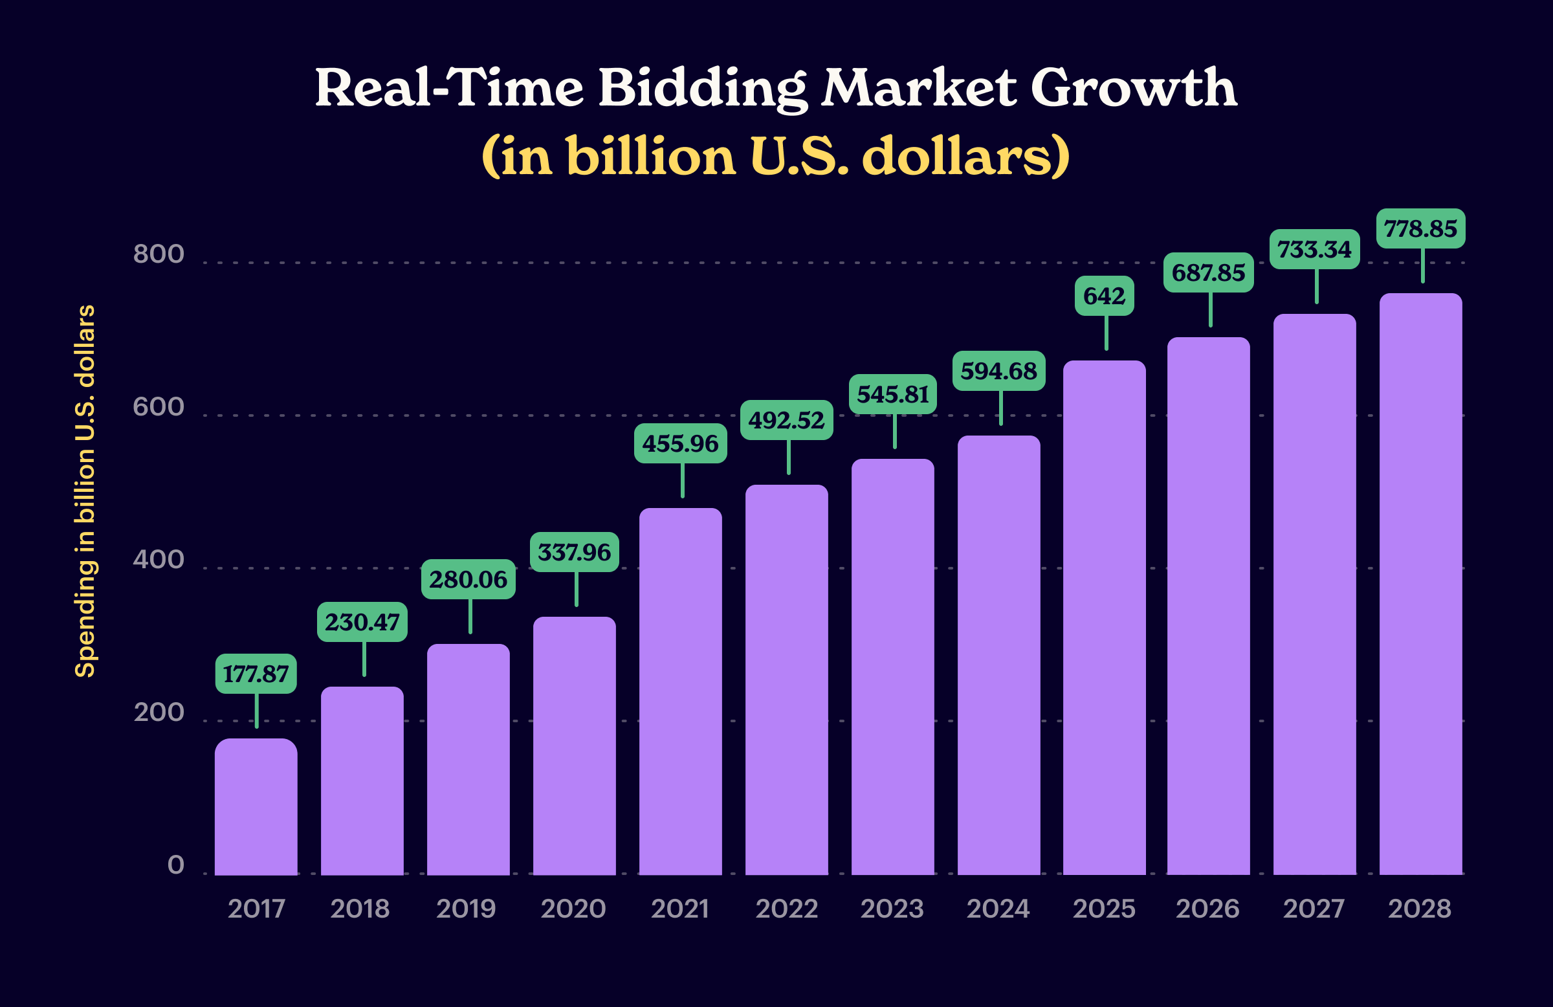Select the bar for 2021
coord(680,692)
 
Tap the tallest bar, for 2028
coord(1420,584)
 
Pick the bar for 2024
coord(998,655)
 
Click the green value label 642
coord(1104,296)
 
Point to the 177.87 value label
coord(256,674)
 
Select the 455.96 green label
coord(680,444)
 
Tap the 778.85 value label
coord(1420,229)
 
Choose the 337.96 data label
coord(574,553)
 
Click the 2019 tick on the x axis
coord(466,909)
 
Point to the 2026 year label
coord(1207,909)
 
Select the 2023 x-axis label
coord(892,909)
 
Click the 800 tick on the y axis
coord(159,254)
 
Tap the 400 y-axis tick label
coord(159,560)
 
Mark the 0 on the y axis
coord(175,865)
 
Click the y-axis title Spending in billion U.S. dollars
coord(85,491)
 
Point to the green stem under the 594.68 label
coord(1001,408)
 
